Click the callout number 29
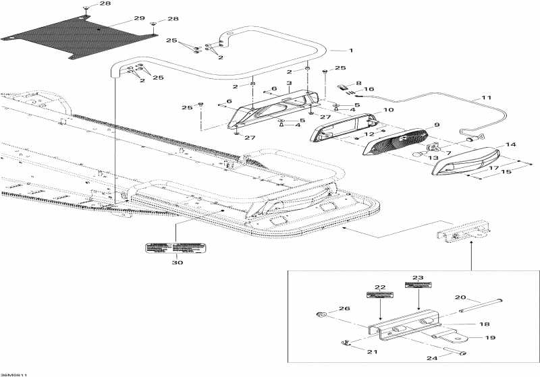click(x=139, y=18)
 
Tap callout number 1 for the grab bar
click(x=351, y=50)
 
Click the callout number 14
click(x=510, y=144)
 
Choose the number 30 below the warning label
click(x=177, y=262)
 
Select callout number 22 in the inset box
click(x=380, y=287)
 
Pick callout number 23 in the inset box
click(x=418, y=277)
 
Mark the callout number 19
click(x=491, y=338)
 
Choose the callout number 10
click(x=389, y=109)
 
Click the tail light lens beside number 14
click(x=466, y=161)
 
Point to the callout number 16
click(x=369, y=89)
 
